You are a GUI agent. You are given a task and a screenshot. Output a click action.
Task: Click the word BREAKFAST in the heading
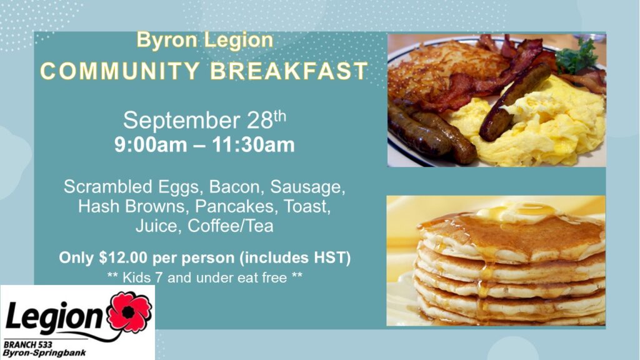tap(289, 71)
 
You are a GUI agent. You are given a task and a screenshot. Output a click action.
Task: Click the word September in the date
tap(181, 120)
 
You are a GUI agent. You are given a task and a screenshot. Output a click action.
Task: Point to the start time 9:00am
tap(151, 144)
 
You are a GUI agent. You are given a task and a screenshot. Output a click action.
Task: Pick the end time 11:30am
tap(253, 144)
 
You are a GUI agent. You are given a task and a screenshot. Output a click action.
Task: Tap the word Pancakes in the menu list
tap(234, 206)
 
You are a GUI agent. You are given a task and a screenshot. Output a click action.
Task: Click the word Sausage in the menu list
tap(307, 187)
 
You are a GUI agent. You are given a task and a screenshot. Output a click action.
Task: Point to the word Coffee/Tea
tap(230, 226)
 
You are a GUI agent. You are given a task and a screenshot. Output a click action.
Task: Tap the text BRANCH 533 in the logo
tap(27, 345)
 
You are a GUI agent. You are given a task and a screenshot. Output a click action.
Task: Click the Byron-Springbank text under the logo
tap(44, 353)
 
